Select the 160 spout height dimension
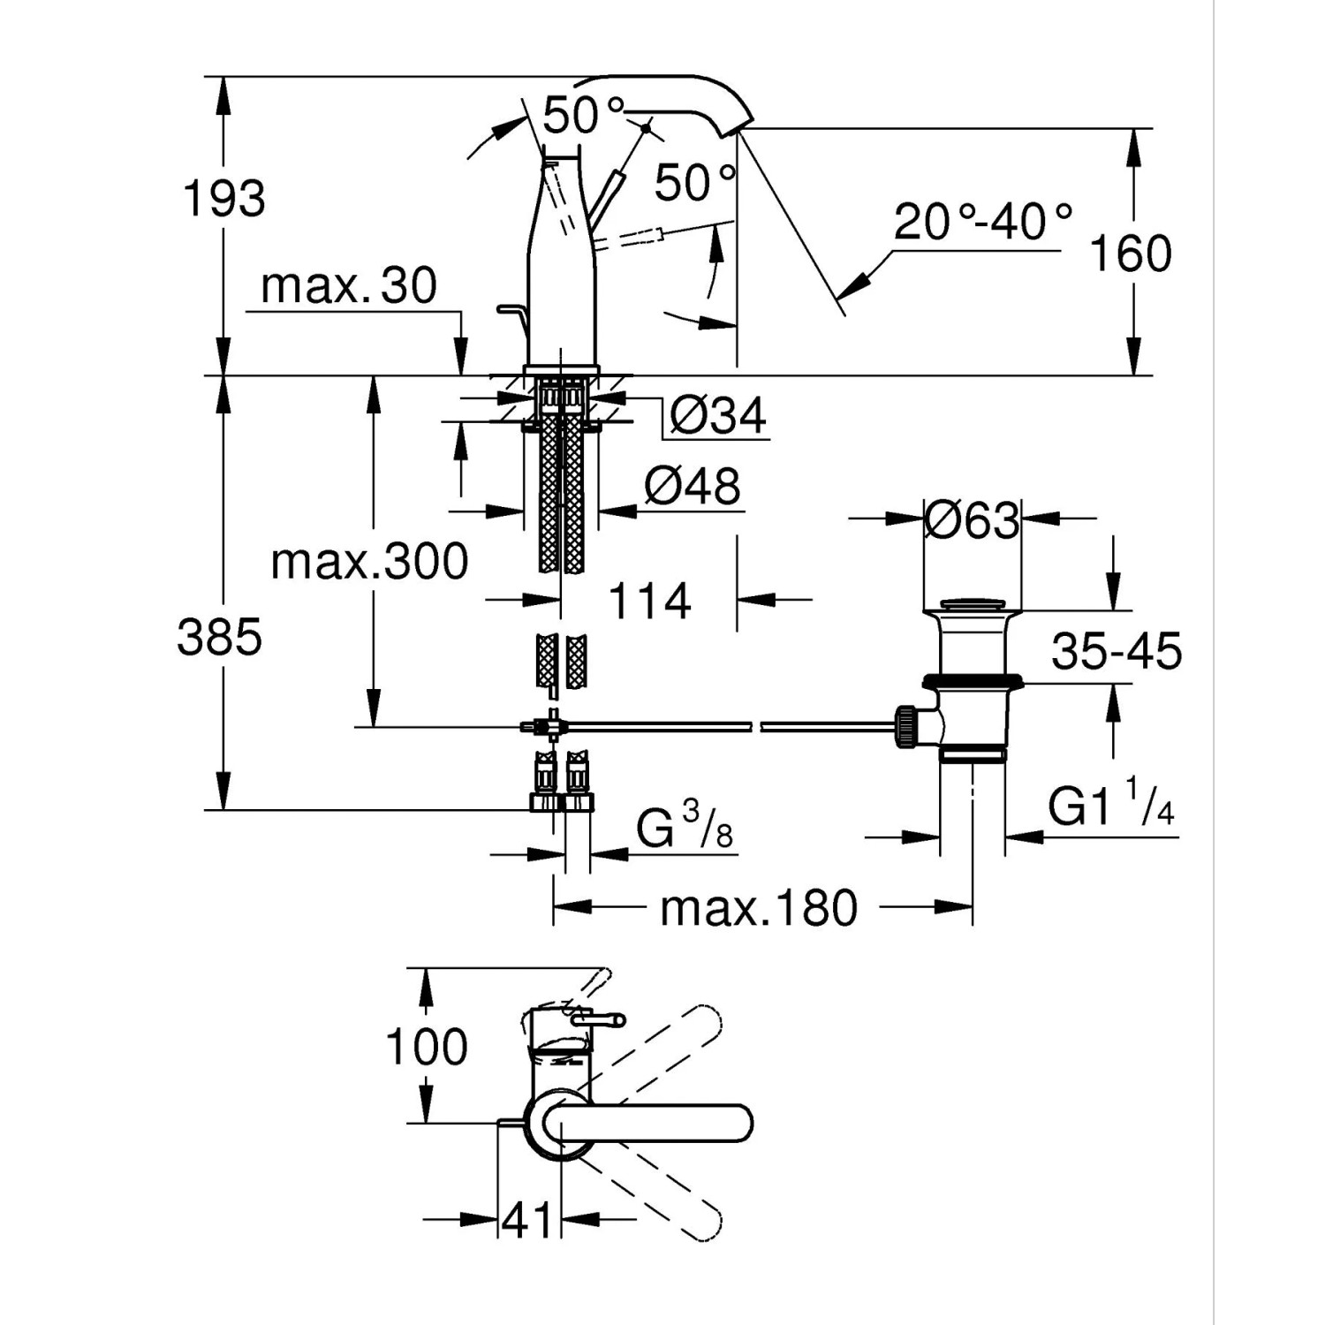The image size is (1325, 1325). (1131, 254)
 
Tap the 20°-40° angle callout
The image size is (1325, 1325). (983, 223)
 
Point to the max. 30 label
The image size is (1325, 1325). (349, 286)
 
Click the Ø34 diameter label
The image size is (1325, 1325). (717, 415)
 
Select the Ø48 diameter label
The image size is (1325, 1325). (693, 487)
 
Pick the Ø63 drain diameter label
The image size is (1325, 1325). (972, 520)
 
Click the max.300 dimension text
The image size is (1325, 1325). (369, 562)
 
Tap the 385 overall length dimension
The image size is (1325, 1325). (220, 637)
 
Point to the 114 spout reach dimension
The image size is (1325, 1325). (649, 602)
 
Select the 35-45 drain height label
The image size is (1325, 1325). (1117, 653)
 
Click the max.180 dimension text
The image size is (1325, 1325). (759, 908)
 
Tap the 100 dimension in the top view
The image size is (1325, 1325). (427, 1048)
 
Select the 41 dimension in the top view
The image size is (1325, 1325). (527, 1221)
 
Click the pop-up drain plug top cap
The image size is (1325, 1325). (972, 606)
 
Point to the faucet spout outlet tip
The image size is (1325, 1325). (740, 128)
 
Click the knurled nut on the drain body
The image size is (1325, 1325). (905, 726)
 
